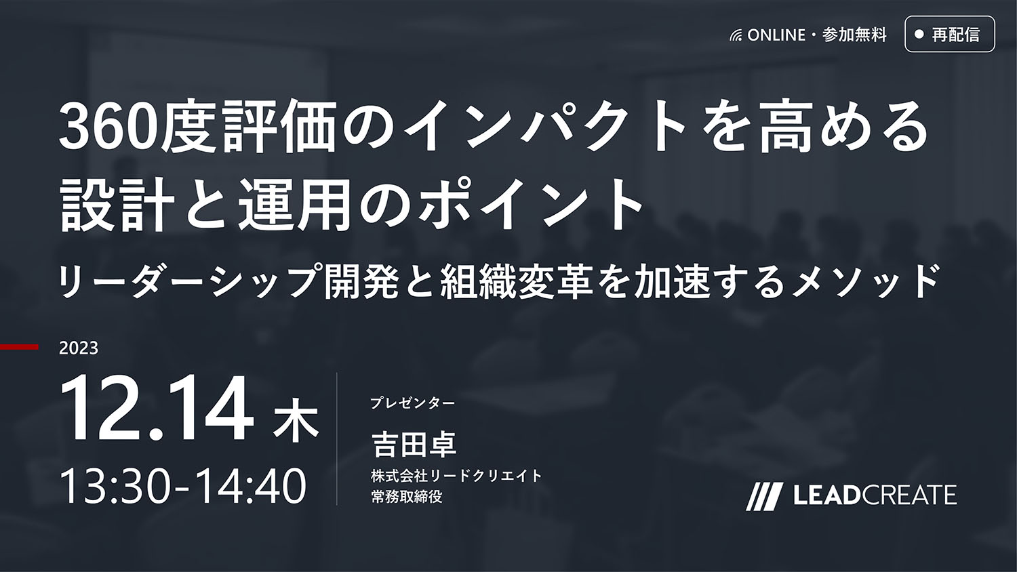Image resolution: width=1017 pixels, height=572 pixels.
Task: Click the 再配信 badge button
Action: coord(950,34)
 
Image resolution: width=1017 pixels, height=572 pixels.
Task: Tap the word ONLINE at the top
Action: coord(776,35)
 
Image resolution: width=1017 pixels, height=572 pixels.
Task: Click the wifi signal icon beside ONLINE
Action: coord(736,36)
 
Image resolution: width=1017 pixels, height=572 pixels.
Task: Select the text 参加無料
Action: coord(854,35)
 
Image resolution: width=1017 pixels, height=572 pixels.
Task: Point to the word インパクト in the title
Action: coord(544,129)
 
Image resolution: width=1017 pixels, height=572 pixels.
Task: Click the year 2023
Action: coord(79,348)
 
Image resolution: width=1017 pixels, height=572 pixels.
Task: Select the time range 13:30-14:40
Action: coord(184,486)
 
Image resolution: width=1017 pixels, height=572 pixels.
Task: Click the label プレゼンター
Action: coord(413,403)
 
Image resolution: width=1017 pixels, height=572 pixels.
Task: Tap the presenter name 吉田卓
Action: coord(414,445)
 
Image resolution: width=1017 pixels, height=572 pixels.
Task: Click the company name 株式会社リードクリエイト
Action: coord(457,476)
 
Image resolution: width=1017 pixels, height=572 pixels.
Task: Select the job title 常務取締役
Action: coord(407,497)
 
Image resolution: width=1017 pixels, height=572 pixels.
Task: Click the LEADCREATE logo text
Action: coord(875,494)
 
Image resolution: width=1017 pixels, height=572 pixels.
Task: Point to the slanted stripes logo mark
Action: coord(765,497)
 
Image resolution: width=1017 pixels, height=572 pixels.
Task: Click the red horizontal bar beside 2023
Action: coord(19,347)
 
